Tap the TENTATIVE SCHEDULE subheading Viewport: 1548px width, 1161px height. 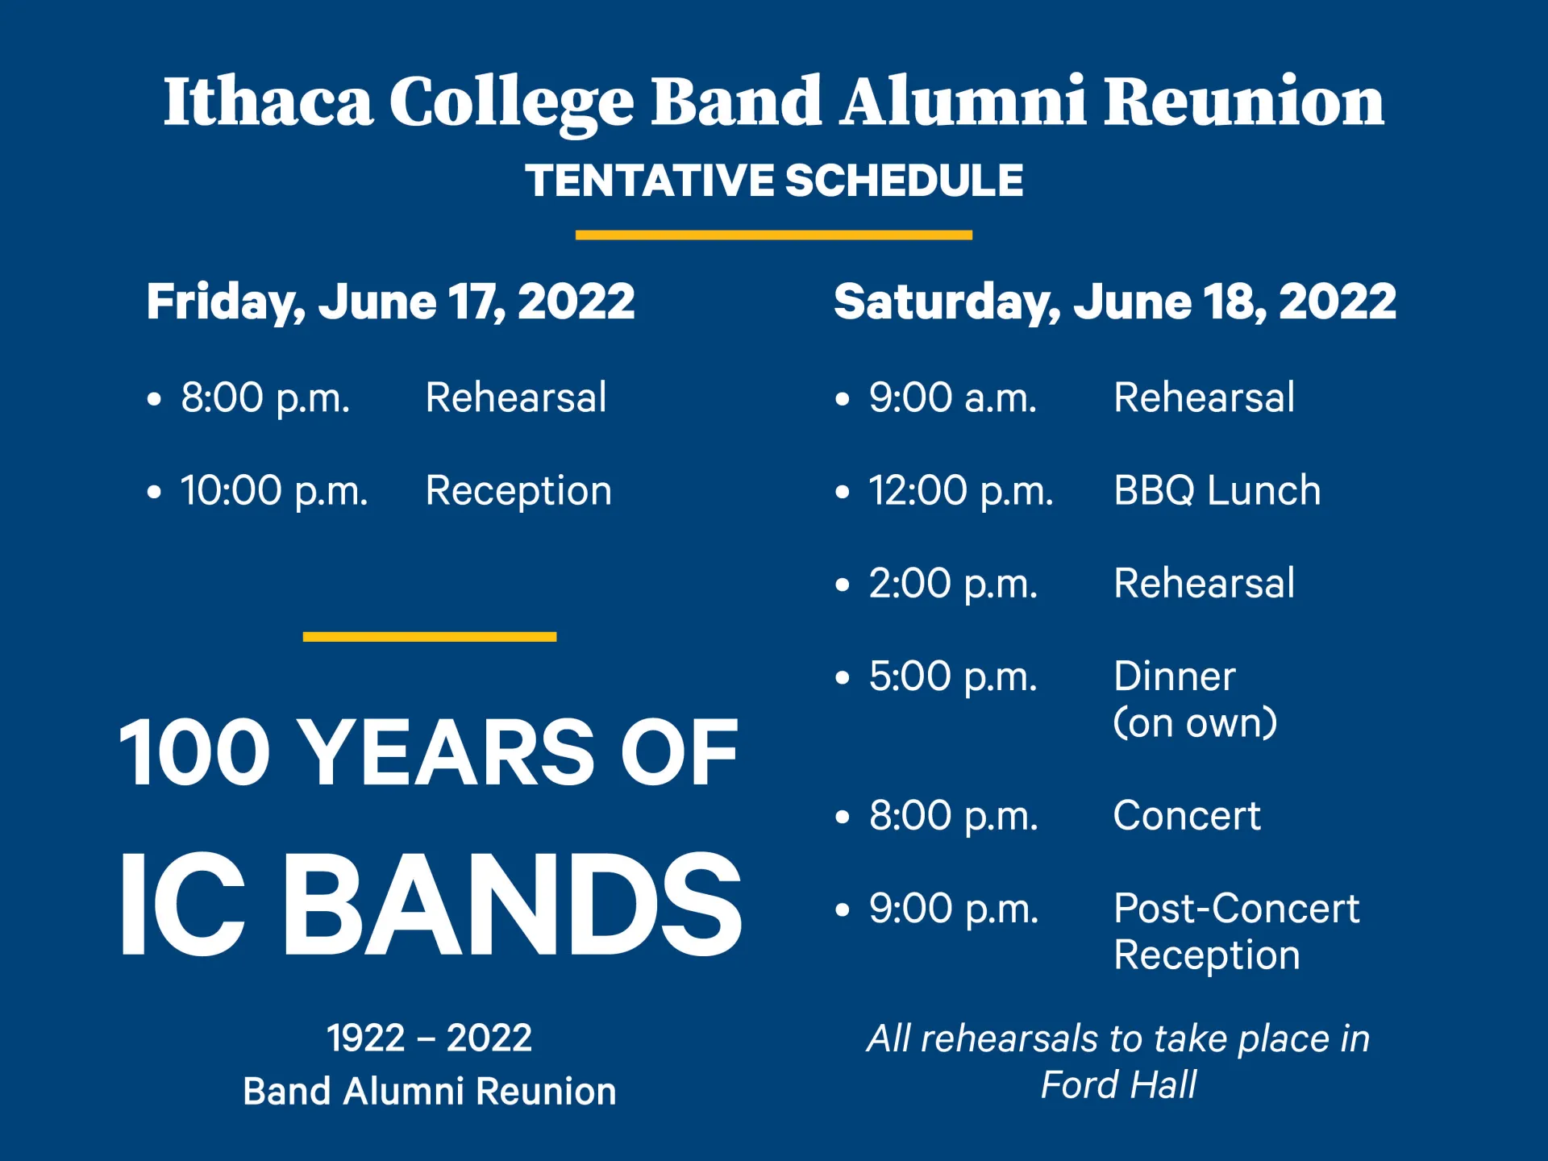[x=774, y=180]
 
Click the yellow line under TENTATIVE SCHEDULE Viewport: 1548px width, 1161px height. [x=774, y=235]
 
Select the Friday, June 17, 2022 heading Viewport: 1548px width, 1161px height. [x=390, y=302]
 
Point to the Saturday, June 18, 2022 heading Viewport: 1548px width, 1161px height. [x=1114, y=302]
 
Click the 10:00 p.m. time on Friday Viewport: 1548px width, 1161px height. [x=274, y=491]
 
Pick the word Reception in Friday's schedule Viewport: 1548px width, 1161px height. [x=518, y=491]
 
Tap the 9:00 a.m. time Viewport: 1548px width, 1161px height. [x=952, y=398]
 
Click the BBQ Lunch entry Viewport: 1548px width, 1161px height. [x=1217, y=491]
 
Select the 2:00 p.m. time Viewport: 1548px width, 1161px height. [x=952, y=584]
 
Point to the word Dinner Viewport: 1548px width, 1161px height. [x=1174, y=676]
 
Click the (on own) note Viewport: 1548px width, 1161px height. [x=1195, y=723]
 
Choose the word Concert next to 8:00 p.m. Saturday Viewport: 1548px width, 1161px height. [x=1186, y=816]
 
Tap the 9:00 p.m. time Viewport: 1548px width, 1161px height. [x=953, y=909]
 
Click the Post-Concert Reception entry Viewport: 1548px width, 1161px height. [x=1235, y=932]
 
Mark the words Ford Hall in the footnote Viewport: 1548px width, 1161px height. [x=1118, y=1085]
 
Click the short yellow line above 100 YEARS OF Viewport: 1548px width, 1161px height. [x=430, y=637]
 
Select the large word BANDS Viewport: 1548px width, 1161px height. [x=511, y=905]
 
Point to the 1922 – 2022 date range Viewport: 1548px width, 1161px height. [x=429, y=1038]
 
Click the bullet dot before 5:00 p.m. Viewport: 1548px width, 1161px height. [x=843, y=677]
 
